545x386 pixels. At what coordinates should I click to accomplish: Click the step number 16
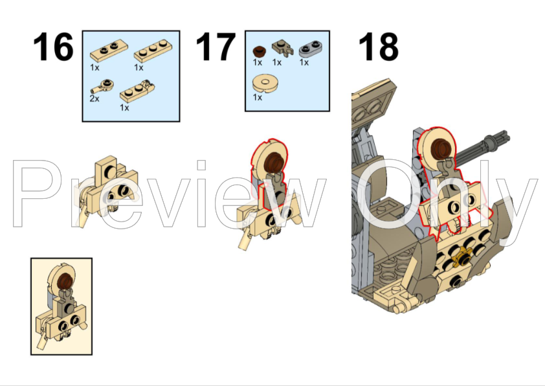pyautogui.click(x=53, y=47)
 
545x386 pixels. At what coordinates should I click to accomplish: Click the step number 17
pyautogui.click(x=216, y=47)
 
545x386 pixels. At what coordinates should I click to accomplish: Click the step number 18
pyautogui.click(x=378, y=47)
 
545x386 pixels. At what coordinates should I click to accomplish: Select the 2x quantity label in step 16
pyautogui.click(x=95, y=98)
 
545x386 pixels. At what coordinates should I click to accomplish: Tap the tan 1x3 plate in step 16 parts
pyautogui.click(x=153, y=51)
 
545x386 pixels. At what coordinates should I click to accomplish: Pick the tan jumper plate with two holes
pyautogui.click(x=109, y=51)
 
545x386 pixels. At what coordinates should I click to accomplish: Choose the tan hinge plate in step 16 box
pyautogui.click(x=137, y=91)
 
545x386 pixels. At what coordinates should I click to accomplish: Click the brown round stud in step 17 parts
pyautogui.click(x=258, y=51)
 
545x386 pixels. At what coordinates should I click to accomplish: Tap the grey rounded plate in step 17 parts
pyautogui.click(x=311, y=49)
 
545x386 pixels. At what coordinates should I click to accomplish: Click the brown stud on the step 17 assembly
pyautogui.click(x=273, y=163)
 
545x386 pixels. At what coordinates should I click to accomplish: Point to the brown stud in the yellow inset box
pyautogui.click(x=64, y=281)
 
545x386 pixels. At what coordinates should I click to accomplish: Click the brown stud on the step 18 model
pyautogui.click(x=440, y=147)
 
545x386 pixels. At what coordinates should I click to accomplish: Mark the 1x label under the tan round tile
pyautogui.click(x=257, y=98)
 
